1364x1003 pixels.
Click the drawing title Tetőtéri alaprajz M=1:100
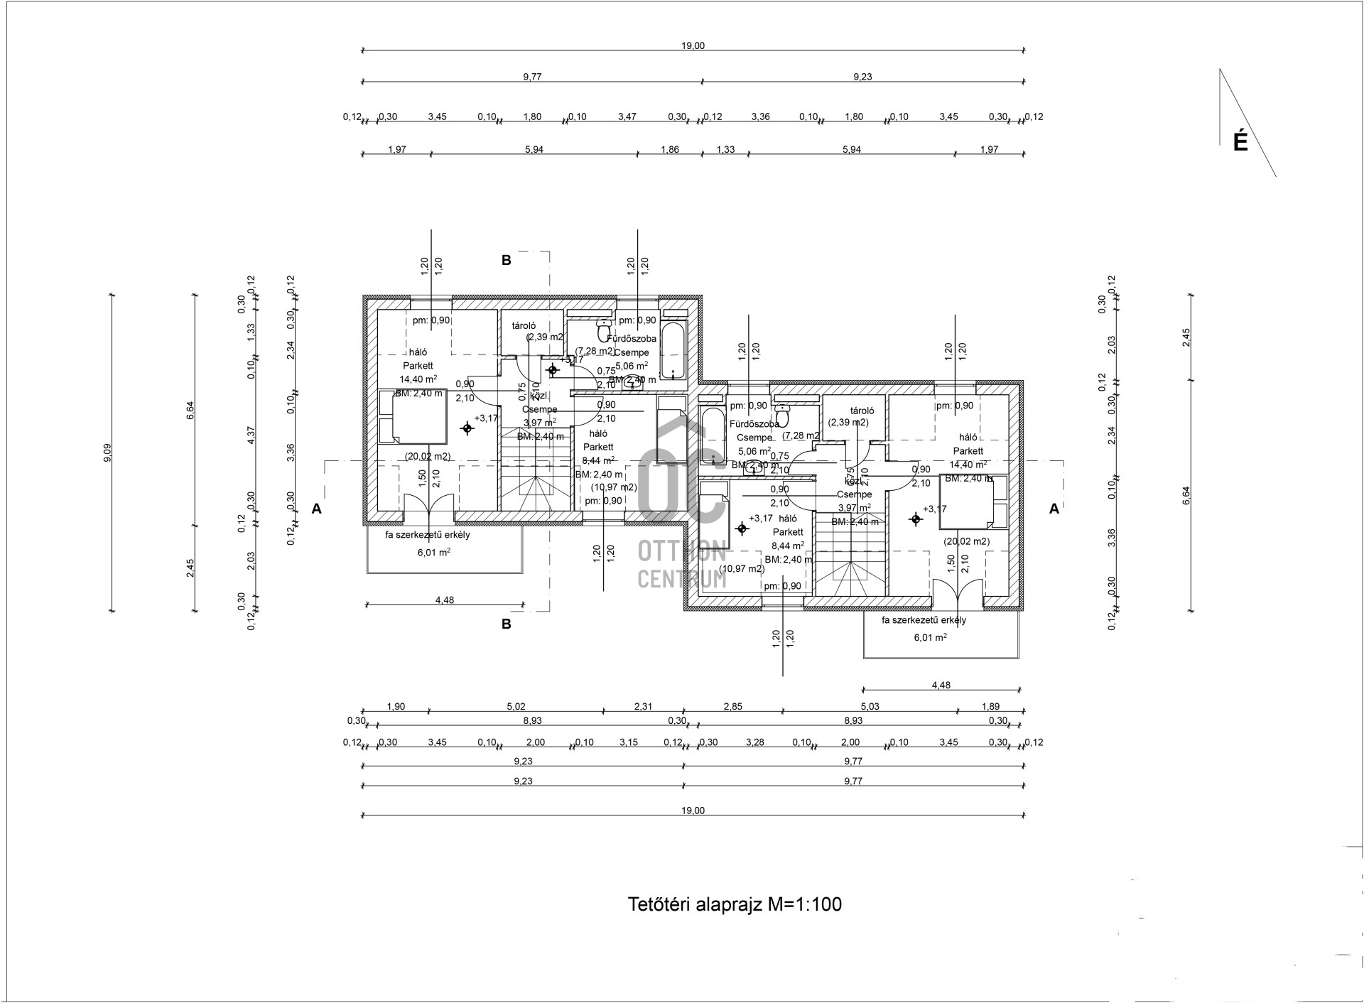click(x=735, y=904)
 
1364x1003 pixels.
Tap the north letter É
click(x=1240, y=142)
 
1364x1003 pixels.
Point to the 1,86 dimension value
click(x=669, y=149)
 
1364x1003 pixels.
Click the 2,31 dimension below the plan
click(x=643, y=706)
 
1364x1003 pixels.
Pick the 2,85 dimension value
click(x=732, y=706)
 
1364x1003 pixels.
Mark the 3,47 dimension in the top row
click(x=627, y=116)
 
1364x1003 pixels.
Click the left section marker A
click(x=317, y=509)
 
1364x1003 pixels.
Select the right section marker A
click(x=1054, y=509)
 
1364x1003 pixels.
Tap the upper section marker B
click(x=507, y=260)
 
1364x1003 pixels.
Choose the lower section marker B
click(x=507, y=624)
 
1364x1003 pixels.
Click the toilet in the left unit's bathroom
click(x=604, y=330)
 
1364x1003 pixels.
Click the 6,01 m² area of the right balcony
click(x=930, y=638)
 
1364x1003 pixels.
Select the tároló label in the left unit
click(x=524, y=325)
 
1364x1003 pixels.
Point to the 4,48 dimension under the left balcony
click(x=444, y=600)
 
